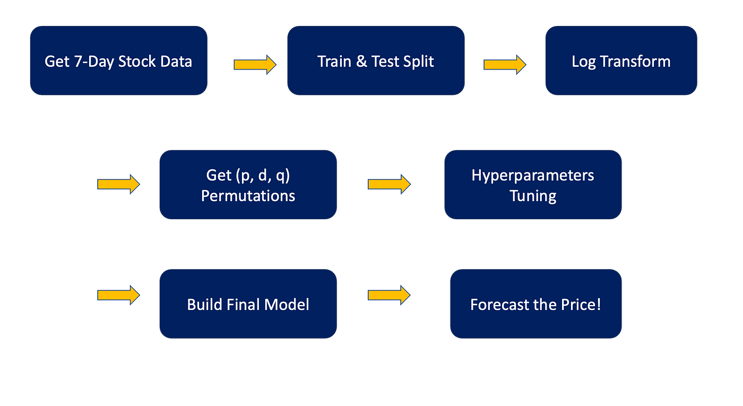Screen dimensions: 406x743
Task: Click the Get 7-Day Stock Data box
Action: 118,61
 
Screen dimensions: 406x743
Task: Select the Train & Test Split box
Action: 376,61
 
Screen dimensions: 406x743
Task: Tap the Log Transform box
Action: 621,61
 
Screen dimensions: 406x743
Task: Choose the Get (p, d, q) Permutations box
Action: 248,185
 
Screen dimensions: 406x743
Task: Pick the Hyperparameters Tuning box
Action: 533,185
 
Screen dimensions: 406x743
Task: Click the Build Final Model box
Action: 248,304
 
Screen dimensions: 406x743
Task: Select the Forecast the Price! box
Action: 535,304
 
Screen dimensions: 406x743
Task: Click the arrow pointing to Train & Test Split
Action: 255,65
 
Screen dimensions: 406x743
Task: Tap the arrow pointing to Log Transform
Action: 505,65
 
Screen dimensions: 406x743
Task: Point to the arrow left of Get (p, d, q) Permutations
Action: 118,184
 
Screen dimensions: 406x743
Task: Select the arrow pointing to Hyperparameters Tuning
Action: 389,184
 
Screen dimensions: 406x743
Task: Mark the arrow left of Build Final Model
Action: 118,295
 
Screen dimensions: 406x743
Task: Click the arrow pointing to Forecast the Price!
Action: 389,295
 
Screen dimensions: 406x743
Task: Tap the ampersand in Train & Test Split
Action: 361,62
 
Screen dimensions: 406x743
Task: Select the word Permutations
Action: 248,196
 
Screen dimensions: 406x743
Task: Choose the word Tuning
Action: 533,196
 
